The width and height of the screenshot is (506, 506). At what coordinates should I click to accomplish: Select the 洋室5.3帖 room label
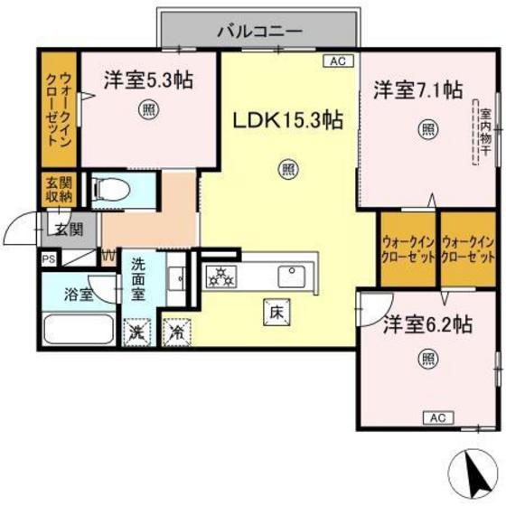pyautogui.click(x=145, y=80)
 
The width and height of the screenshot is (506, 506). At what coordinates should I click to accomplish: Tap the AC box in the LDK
pyautogui.click(x=337, y=61)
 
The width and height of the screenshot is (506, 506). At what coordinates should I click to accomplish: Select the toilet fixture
pyautogui.click(x=113, y=189)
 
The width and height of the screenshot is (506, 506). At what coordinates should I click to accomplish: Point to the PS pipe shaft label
pyautogui.click(x=47, y=258)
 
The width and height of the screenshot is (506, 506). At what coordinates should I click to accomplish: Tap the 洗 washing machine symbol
pyautogui.click(x=137, y=331)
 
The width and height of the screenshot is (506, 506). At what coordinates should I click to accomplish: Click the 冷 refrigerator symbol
pyautogui.click(x=177, y=332)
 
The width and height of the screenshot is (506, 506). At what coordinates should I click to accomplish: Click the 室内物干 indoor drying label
pyautogui.click(x=485, y=133)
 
